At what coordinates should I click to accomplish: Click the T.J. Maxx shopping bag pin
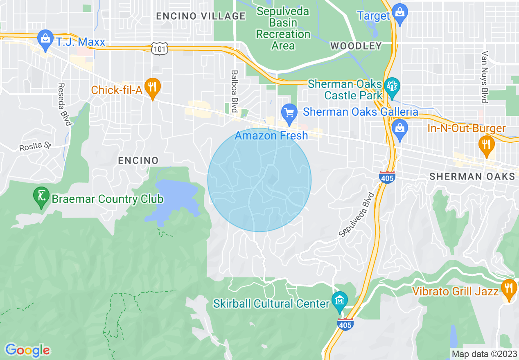44,40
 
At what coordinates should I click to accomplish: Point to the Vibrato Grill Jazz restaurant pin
509,288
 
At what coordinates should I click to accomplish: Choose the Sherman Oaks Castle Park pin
392,87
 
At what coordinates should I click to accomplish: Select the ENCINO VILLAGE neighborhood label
201,16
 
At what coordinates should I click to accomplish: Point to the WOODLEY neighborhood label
356,46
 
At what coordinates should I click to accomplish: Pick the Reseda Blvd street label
64,105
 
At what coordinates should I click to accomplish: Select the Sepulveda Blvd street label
357,214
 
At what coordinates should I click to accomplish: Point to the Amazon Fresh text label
271,135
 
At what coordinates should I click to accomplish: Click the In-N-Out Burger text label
466,128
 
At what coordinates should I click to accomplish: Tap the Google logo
27,350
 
